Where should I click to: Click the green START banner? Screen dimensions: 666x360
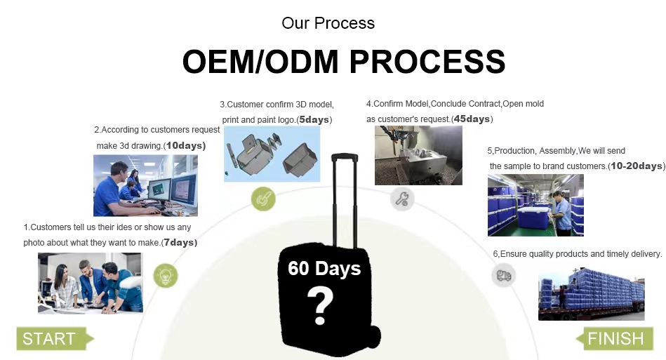tap(55, 338)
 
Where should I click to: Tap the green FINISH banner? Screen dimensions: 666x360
tap(615, 338)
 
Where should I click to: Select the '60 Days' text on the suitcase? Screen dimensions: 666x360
tap(324, 268)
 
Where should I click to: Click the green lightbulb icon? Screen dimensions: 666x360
tap(166, 276)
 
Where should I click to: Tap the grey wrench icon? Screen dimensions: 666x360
tap(402, 199)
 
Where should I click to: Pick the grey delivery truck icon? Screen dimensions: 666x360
tap(504, 276)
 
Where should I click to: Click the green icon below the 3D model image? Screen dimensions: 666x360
tap(263, 199)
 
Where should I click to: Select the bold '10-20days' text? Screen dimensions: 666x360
tap(636, 166)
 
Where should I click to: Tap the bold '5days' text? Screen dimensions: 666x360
tap(314, 120)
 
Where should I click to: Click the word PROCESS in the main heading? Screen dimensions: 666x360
tap(427, 62)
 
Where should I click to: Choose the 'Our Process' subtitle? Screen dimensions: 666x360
tap(328, 23)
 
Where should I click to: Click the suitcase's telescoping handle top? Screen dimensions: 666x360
tap(345, 157)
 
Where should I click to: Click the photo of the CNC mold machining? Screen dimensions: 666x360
tap(418, 155)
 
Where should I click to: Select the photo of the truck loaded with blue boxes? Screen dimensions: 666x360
tap(591, 294)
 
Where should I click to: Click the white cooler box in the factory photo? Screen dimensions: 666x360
tap(533, 218)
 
